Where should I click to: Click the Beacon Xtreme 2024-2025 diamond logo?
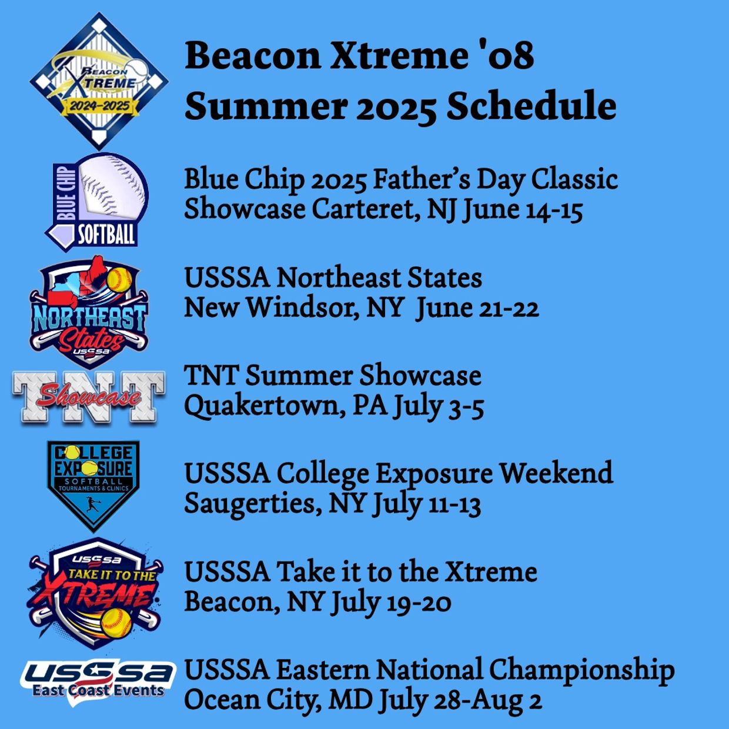[x=99, y=81]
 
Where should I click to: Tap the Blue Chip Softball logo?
[x=97, y=202]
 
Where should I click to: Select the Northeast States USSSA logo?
[x=89, y=312]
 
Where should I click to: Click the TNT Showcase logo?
[x=89, y=396]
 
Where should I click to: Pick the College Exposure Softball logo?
[x=93, y=486]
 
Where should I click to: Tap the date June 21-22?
[x=478, y=308]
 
